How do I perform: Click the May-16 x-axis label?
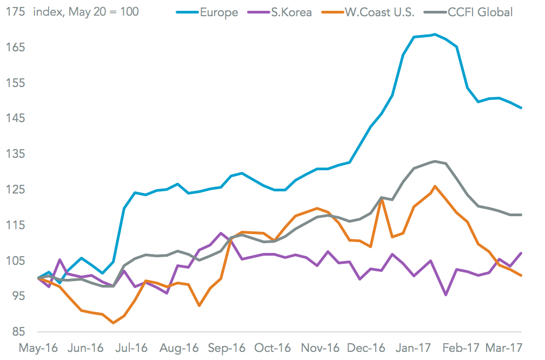click(x=36, y=349)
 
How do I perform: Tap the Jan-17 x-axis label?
click(x=421, y=349)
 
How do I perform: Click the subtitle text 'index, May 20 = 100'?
click(x=86, y=11)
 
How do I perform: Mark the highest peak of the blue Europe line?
click(x=435, y=35)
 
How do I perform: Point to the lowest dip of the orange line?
click(x=113, y=323)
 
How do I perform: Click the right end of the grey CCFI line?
click(x=521, y=215)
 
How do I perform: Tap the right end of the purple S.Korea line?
click(x=521, y=253)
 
